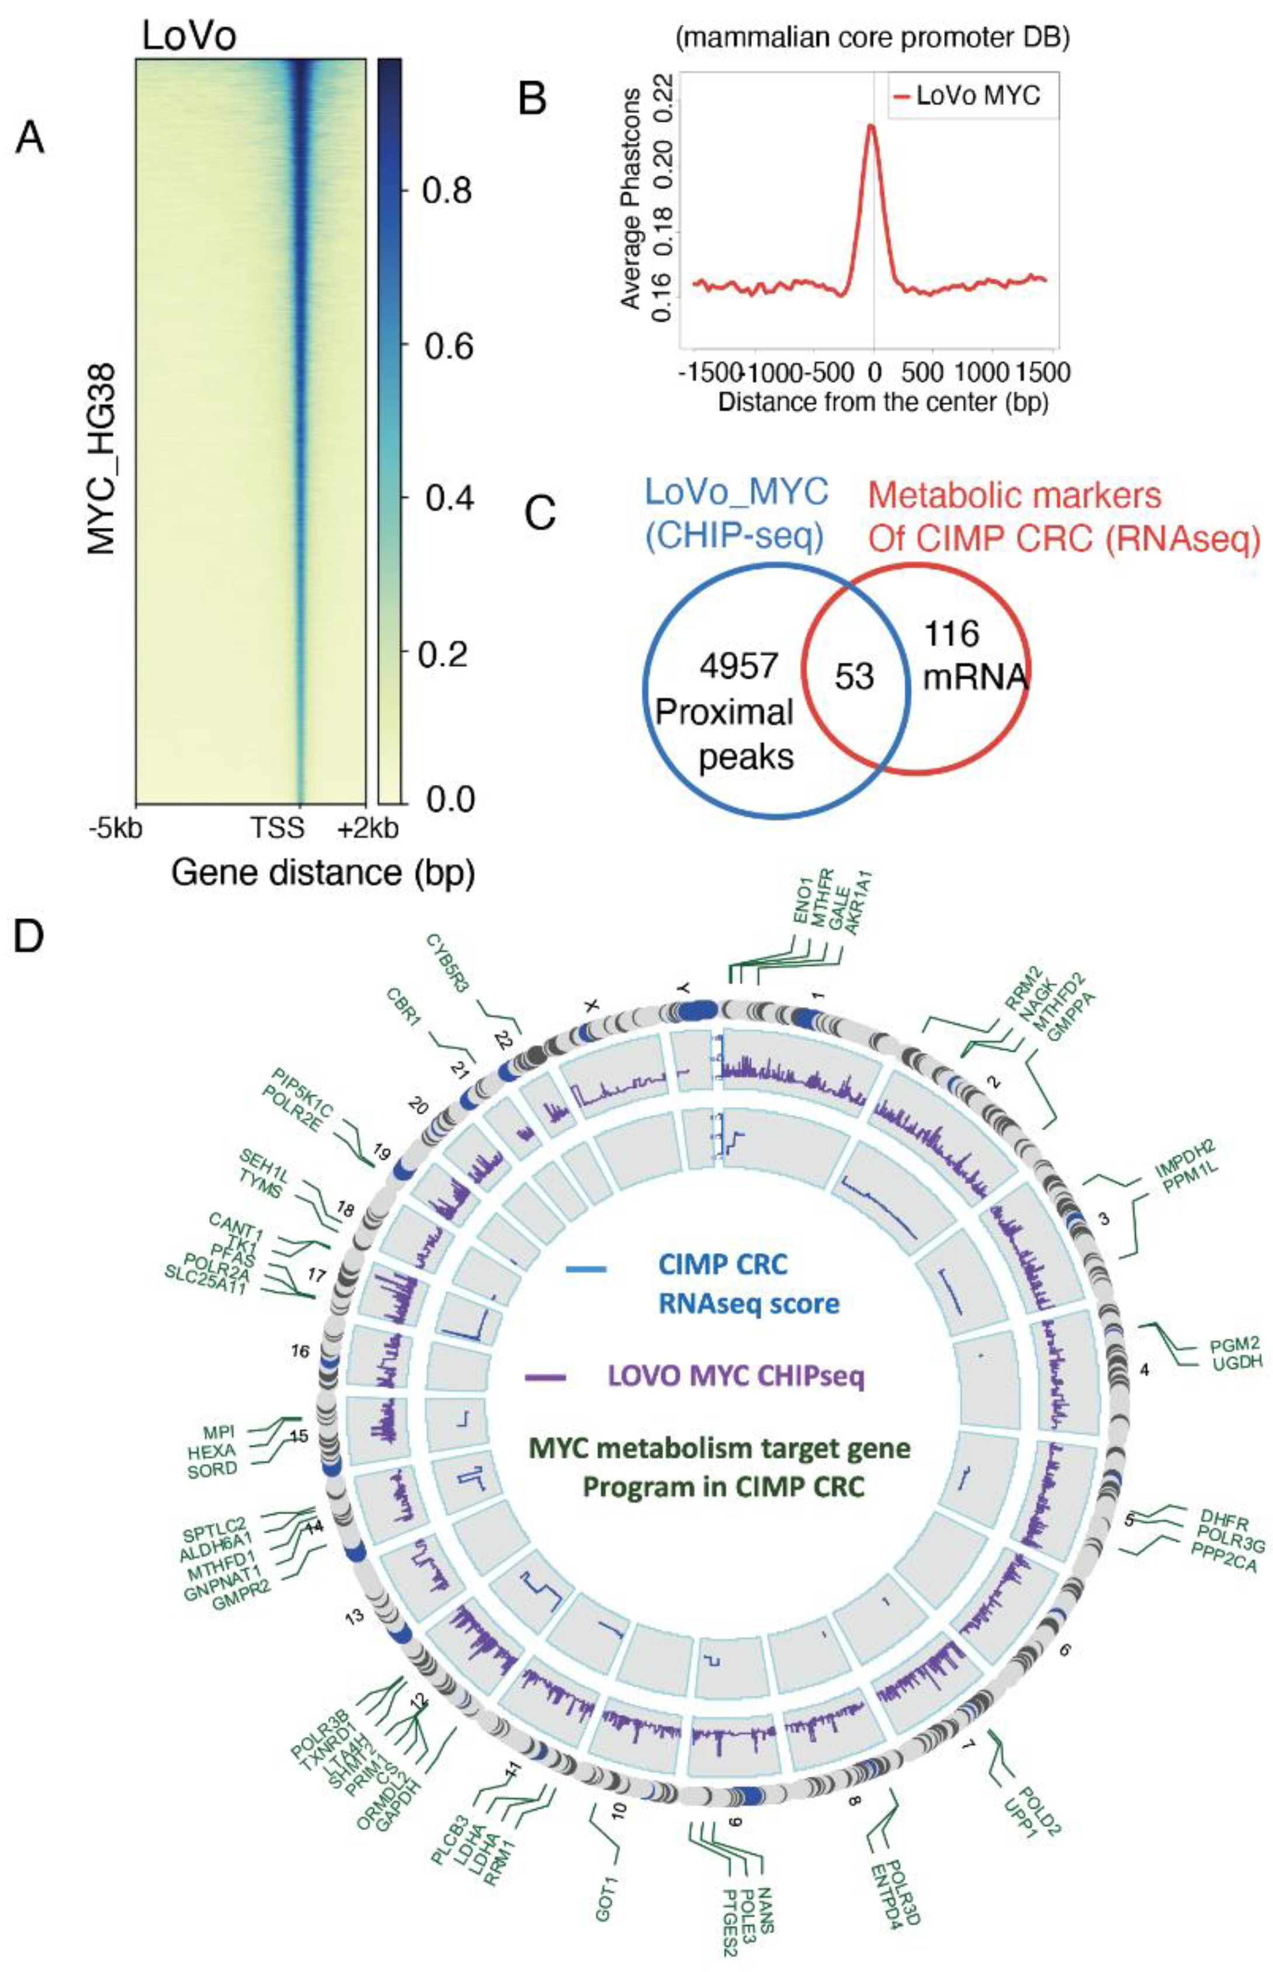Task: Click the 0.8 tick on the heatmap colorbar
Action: [446, 190]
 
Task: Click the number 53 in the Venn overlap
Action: [855, 678]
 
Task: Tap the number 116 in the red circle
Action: [952, 634]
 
